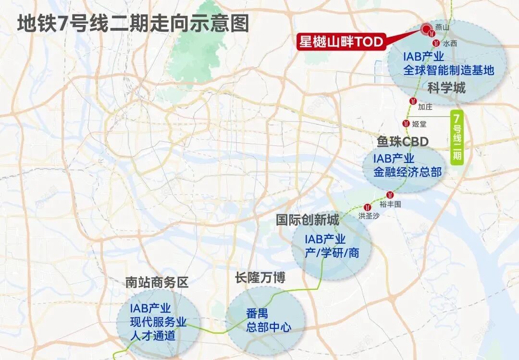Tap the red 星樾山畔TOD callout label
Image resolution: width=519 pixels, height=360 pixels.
click(342, 42)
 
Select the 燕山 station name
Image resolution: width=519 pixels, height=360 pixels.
click(442, 28)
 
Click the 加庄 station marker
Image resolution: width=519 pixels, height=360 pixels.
click(413, 101)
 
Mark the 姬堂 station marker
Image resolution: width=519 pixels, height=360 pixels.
click(406, 124)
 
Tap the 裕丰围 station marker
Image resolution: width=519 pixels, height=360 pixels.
click(390, 195)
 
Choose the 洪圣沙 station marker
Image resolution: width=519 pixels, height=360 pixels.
click(369, 206)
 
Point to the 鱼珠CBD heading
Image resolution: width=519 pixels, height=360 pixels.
click(403, 142)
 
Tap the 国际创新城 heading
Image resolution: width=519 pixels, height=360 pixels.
click(308, 220)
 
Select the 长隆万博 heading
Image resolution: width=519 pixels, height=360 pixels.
click(260, 277)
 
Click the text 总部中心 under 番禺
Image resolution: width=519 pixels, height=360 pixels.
click(269, 328)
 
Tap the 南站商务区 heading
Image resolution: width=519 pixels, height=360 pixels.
click(157, 282)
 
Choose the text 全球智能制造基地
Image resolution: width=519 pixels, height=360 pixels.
click(449, 71)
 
